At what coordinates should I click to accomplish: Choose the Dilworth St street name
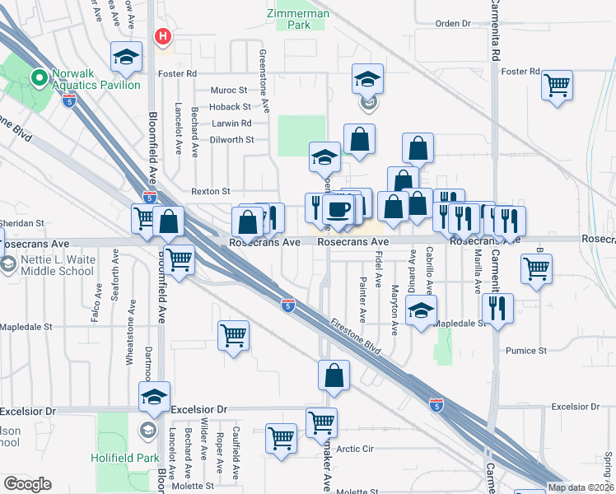click(231, 140)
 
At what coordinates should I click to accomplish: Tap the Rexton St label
click(211, 191)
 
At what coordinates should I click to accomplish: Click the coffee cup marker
click(338, 209)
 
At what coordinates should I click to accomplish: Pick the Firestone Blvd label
click(356, 338)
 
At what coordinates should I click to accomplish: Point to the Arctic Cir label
click(355, 449)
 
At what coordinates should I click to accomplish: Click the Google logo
click(27, 483)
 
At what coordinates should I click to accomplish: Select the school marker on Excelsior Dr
click(154, 397)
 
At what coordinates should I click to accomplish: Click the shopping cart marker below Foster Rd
click(558, 85)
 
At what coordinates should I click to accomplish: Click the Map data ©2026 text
click(581, 487)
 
